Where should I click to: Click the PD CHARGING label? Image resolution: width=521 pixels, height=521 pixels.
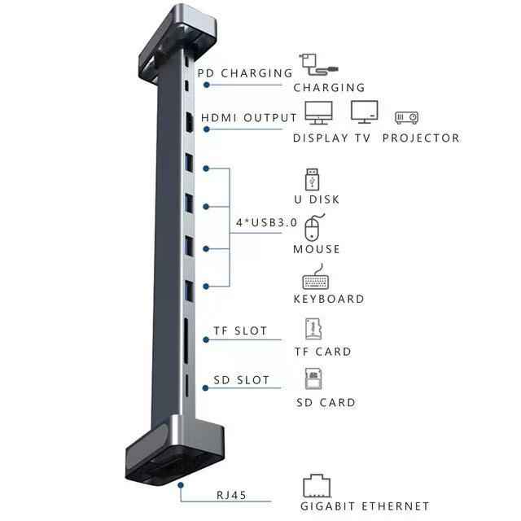tap(245, 73)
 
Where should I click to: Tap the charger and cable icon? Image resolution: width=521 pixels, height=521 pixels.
tap(318, 64)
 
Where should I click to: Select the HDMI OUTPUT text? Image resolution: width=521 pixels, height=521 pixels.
tap(249, 117)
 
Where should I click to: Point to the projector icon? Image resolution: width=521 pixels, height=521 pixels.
tap(407, 117)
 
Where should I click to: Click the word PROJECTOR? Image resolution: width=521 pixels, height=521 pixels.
tap(421, 138)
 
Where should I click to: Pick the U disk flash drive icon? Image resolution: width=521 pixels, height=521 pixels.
tap(312, 179)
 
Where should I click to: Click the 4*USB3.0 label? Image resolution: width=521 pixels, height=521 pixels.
tap(266, 222)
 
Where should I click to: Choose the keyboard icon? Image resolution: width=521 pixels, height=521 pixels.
tap(316, 277)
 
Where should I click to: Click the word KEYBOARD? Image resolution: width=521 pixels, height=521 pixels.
tap(329, 299)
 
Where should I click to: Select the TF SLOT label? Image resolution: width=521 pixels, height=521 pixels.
tap(240, 331)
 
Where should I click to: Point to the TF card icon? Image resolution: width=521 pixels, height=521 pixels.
tap(313, 329)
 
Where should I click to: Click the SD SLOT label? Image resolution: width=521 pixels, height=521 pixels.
tap(241, 380)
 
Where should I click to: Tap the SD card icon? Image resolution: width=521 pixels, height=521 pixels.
tap(313, 379)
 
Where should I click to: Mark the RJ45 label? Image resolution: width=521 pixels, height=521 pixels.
tap(231, 495)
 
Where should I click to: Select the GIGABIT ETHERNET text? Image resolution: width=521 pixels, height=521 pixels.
tap(365, 506)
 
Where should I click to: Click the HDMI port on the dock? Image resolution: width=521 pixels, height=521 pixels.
tap(189, 122)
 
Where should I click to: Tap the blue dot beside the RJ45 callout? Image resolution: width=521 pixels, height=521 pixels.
tap(181, 485)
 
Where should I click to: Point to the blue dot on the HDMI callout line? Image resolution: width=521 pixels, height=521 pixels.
tap(207, 129)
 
